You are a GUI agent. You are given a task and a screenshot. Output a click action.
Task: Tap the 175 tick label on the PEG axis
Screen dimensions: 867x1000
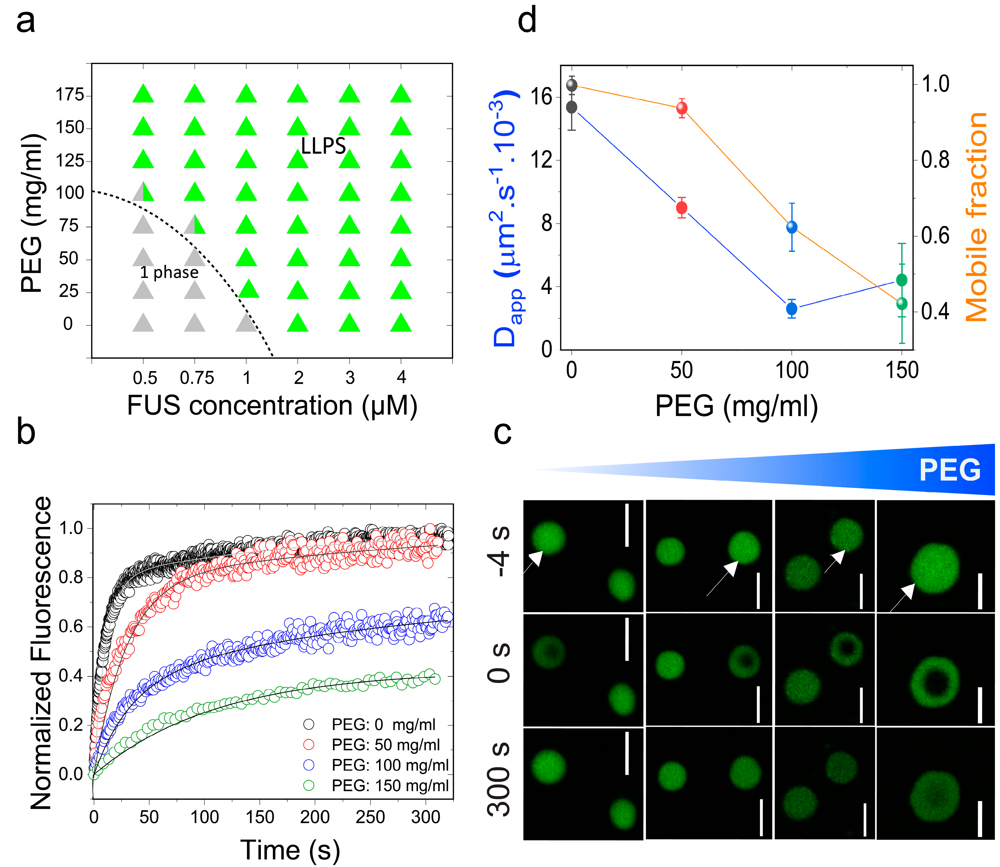70,95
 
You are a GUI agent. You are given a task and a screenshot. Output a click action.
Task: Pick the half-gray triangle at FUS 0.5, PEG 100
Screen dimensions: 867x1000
143,193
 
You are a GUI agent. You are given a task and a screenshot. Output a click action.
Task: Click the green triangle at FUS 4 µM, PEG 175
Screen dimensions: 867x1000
400,94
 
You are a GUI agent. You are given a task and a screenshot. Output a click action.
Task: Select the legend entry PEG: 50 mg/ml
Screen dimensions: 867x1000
386,745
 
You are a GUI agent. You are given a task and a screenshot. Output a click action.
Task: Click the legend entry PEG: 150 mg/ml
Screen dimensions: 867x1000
390,785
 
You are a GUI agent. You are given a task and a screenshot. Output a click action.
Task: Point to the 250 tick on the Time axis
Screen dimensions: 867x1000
370,817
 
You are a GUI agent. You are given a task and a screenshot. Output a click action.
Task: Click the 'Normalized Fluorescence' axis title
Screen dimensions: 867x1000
41,653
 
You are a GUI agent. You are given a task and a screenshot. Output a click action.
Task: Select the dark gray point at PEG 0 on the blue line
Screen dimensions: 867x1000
572,107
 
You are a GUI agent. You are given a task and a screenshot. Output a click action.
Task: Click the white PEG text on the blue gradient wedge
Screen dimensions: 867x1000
950,470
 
